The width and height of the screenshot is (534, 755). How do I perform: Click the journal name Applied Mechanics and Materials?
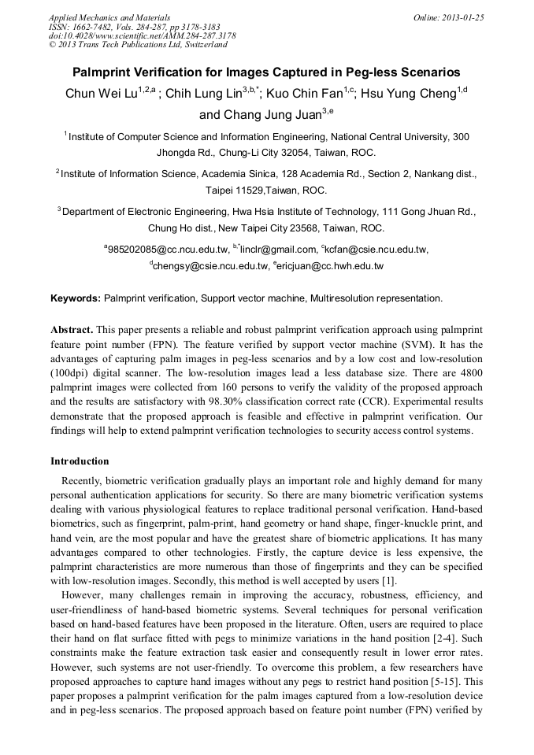109,17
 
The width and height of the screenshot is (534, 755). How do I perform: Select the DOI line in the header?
142,35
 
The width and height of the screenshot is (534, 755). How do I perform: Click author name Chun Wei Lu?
102,94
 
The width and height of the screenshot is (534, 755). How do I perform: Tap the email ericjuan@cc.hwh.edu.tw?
331,266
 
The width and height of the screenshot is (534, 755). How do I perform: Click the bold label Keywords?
76,298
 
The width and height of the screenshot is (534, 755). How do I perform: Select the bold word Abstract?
72,328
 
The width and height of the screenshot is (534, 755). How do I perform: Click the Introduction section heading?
80,461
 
